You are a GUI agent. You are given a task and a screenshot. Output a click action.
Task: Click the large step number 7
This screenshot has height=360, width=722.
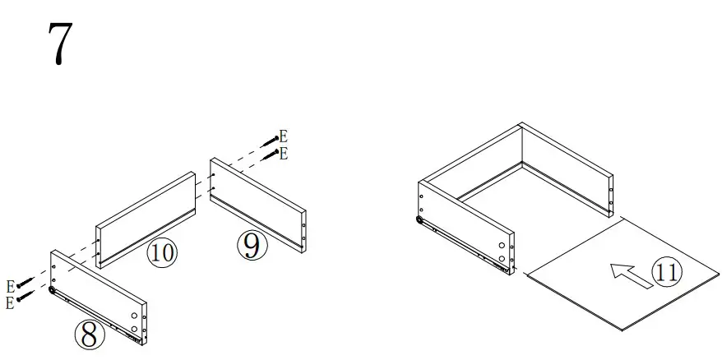pyautogui.click(x=57, y=45)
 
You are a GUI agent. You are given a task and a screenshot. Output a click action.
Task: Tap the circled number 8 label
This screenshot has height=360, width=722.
pyautogui.click(x=89, y=334)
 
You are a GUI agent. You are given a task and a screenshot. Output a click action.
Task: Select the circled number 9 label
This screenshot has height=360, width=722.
pyautogui.click(x=252, y=245)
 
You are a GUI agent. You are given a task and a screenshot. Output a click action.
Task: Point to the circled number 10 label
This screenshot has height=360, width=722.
pyautogui.click(x=162, y=252)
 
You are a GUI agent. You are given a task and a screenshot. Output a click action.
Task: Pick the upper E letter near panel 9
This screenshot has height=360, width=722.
pyautogui.click(x=283, y=136)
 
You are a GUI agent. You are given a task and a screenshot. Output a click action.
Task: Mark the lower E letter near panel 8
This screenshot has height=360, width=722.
pyautogui.click(x=10, y=303)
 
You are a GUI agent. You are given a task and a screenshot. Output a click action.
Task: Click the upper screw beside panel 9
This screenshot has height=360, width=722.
pyautogui.click(x=270, y=141)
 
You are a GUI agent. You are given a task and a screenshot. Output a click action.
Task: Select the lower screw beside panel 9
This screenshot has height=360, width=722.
pyautogui.click(x=270, y=155)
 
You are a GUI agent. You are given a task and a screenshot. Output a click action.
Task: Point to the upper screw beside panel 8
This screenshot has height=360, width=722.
pyautogui.click(x=25, y=282)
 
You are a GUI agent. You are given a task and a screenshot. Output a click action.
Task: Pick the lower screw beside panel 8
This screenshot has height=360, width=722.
pyautogui.click(x=25, y=296)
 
